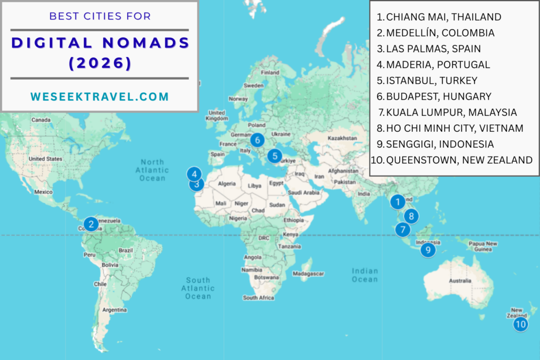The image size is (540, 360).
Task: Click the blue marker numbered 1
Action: tap(397, 201)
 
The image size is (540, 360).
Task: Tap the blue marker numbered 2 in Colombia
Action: tap(91, 225)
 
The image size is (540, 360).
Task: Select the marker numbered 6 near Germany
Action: tap(257, 140)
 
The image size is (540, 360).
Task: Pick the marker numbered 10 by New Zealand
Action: tap(520, 324)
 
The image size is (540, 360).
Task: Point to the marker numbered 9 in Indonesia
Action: tap(428, 250)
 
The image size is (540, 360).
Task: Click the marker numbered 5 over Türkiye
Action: tap(274, 156)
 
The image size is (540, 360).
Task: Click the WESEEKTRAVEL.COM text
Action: tap(100, 96)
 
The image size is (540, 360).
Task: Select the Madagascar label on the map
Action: tap(307, 274)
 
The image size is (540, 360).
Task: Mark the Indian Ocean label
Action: tap(365, 275)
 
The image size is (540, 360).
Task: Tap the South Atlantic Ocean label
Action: tap(198, 288)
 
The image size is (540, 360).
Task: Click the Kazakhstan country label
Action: tap(343, 138)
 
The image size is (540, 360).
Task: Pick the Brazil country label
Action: tap(126, 250)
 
